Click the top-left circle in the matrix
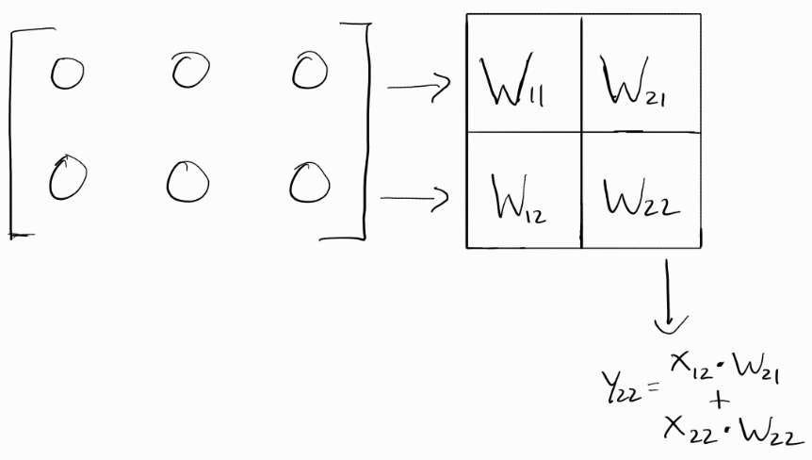pos(67,74)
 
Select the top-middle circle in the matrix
pos(191,71)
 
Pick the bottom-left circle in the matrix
pos(66,178)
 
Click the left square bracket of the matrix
pos(13,132)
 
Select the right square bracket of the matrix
pos(360,132)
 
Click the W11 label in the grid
pos(514,84)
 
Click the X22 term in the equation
pos(687,431)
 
